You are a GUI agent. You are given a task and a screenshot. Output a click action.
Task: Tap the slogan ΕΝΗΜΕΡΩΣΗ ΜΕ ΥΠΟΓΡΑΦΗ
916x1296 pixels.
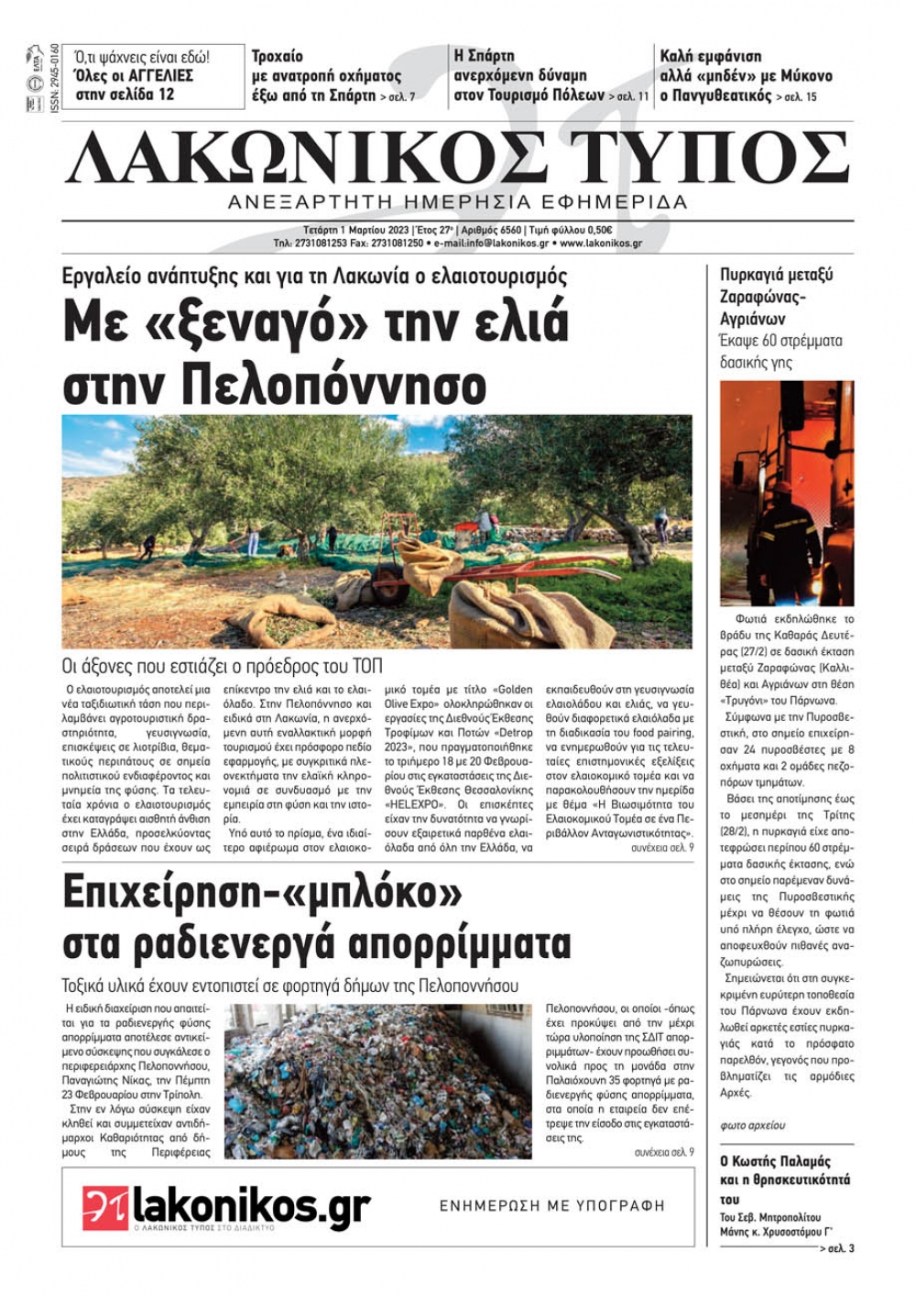pyautogui.click(x=551, y=1205)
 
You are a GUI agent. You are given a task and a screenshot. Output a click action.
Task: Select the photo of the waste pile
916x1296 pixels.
pyautogui.click(x=377, y=1081)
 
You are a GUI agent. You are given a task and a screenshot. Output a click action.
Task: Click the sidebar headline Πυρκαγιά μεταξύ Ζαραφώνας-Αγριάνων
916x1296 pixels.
pyautogui.click(x=776, y=297)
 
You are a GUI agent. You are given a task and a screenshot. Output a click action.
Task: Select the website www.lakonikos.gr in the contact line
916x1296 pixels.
pyautogui.click(x=600, y=244)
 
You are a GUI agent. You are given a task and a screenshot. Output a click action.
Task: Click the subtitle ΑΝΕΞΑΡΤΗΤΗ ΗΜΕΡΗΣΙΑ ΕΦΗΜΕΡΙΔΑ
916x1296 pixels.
pyautogui.click(x=457, y=201)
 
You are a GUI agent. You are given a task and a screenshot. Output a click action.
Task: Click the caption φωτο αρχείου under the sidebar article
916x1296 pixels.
pyautogui.click(x=752, y=1125)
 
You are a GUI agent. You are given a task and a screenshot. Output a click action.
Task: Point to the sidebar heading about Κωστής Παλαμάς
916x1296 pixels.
pyautogui.click(x=785, y=1180)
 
